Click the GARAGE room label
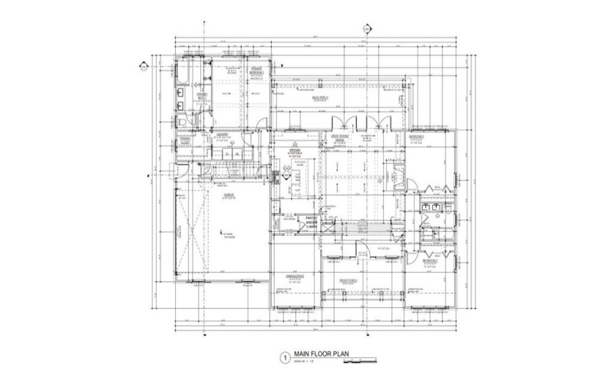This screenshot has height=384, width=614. coord(229,196)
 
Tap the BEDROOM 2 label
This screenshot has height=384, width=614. coord(429,261)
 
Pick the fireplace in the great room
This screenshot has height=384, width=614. coord(399,175)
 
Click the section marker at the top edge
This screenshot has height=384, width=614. coord(367,29)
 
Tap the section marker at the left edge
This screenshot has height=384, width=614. coord(143,65)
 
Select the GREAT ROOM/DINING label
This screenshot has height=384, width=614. coord(340,139)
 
